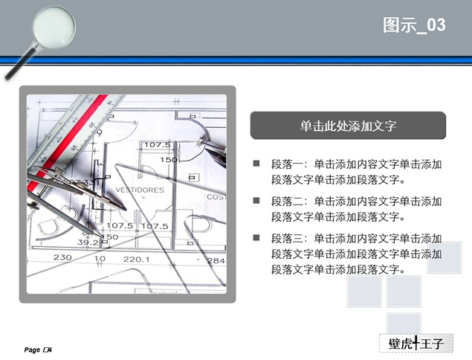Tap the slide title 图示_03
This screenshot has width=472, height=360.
(x=414, y=25)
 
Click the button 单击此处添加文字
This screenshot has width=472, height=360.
(x=348, y=126)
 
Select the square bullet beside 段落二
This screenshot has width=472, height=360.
(x=256, y=201)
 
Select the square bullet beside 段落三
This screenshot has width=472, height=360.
(x=256, y=238)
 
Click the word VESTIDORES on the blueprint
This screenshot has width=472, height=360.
(x=140, y=190)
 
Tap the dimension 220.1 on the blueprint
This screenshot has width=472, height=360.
(x=136, y=260)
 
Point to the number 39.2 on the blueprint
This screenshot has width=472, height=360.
(x=88, y=242)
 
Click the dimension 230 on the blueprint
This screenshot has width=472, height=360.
(x=62, y=257)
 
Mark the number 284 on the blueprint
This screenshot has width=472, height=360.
(x=216, y=261)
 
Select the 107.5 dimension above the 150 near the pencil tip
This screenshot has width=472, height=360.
(x=157, y=145)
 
